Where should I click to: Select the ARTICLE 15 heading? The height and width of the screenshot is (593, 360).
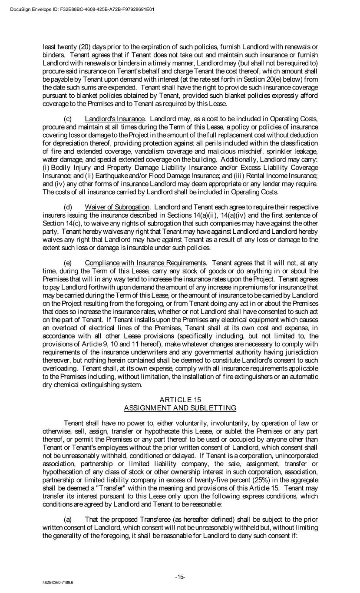[x=180, y=400]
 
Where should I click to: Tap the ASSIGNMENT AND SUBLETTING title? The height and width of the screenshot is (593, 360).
[x=180, y=407]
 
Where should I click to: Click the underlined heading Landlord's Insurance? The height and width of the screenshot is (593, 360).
[x=115, y=119]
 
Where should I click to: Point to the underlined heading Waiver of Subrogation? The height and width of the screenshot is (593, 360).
[x=117, y=207]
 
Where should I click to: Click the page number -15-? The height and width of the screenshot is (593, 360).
[x=180, y=577]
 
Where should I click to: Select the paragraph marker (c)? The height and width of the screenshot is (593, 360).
[x=68, y=119]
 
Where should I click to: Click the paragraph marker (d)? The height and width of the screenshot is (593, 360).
[x=68, y=207]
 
